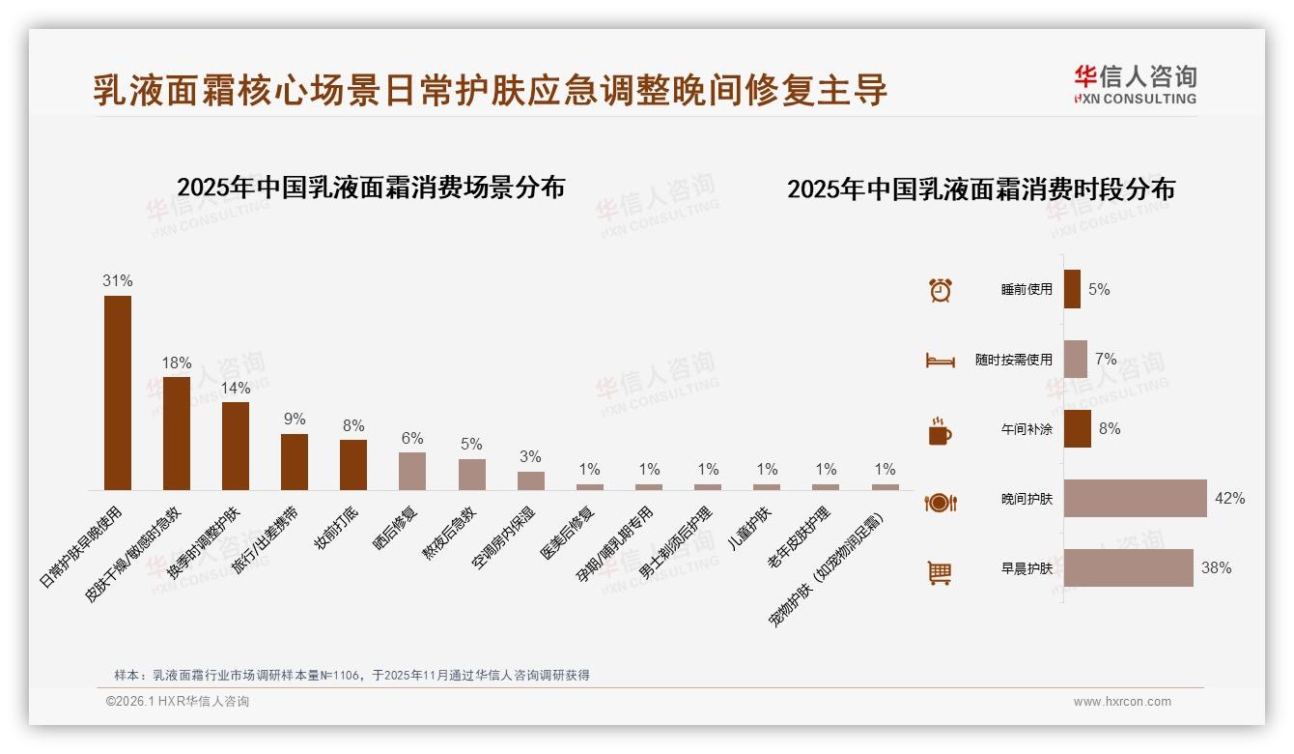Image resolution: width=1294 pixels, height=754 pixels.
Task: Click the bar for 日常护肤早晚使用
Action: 118,392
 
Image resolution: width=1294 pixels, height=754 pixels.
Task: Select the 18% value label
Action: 177,363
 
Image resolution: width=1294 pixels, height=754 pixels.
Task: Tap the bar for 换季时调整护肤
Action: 236,446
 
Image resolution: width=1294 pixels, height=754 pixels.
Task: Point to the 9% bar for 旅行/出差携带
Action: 295,462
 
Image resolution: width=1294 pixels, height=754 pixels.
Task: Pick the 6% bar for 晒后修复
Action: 412,471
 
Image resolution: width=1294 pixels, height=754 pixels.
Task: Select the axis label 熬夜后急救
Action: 451,532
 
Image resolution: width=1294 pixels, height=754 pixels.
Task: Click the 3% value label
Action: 530,457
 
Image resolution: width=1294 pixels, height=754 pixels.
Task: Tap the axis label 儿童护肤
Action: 751,527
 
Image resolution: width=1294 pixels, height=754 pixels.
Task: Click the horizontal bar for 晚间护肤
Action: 1135,499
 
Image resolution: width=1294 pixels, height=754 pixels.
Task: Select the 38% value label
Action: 1216,568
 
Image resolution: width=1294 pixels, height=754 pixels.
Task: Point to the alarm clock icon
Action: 940,290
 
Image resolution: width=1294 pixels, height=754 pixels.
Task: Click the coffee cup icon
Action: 940,431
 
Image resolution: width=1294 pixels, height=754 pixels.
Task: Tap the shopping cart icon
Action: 940,572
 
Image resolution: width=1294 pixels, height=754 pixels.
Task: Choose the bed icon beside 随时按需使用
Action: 940,361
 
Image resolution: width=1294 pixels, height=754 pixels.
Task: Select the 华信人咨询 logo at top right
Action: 1135,85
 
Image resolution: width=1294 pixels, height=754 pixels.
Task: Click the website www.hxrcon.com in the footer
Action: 1122,702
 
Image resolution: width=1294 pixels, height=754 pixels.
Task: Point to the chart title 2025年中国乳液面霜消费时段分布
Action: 980,189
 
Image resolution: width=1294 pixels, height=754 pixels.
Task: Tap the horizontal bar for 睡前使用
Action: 1072,289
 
